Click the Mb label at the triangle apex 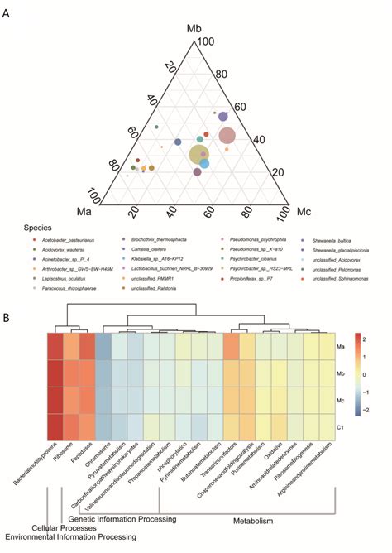point(194,31)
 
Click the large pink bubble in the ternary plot point(227,136)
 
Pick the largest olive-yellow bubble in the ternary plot point(199,154)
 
